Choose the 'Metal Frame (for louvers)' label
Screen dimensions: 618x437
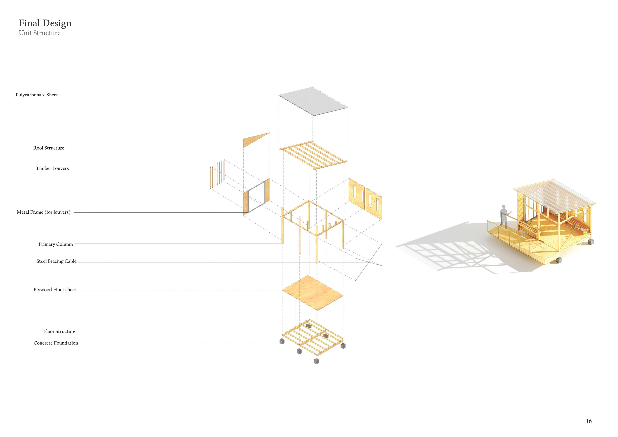pos(44,212)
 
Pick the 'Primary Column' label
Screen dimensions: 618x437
pos(56,244)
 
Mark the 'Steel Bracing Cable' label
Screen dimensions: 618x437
pos(56,261)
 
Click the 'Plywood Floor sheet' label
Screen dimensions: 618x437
pos(55,290)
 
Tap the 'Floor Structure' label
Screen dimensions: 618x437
pos(59,331)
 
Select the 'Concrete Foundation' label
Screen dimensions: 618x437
pos(56,343)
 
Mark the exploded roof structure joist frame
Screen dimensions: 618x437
pos(313,155)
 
